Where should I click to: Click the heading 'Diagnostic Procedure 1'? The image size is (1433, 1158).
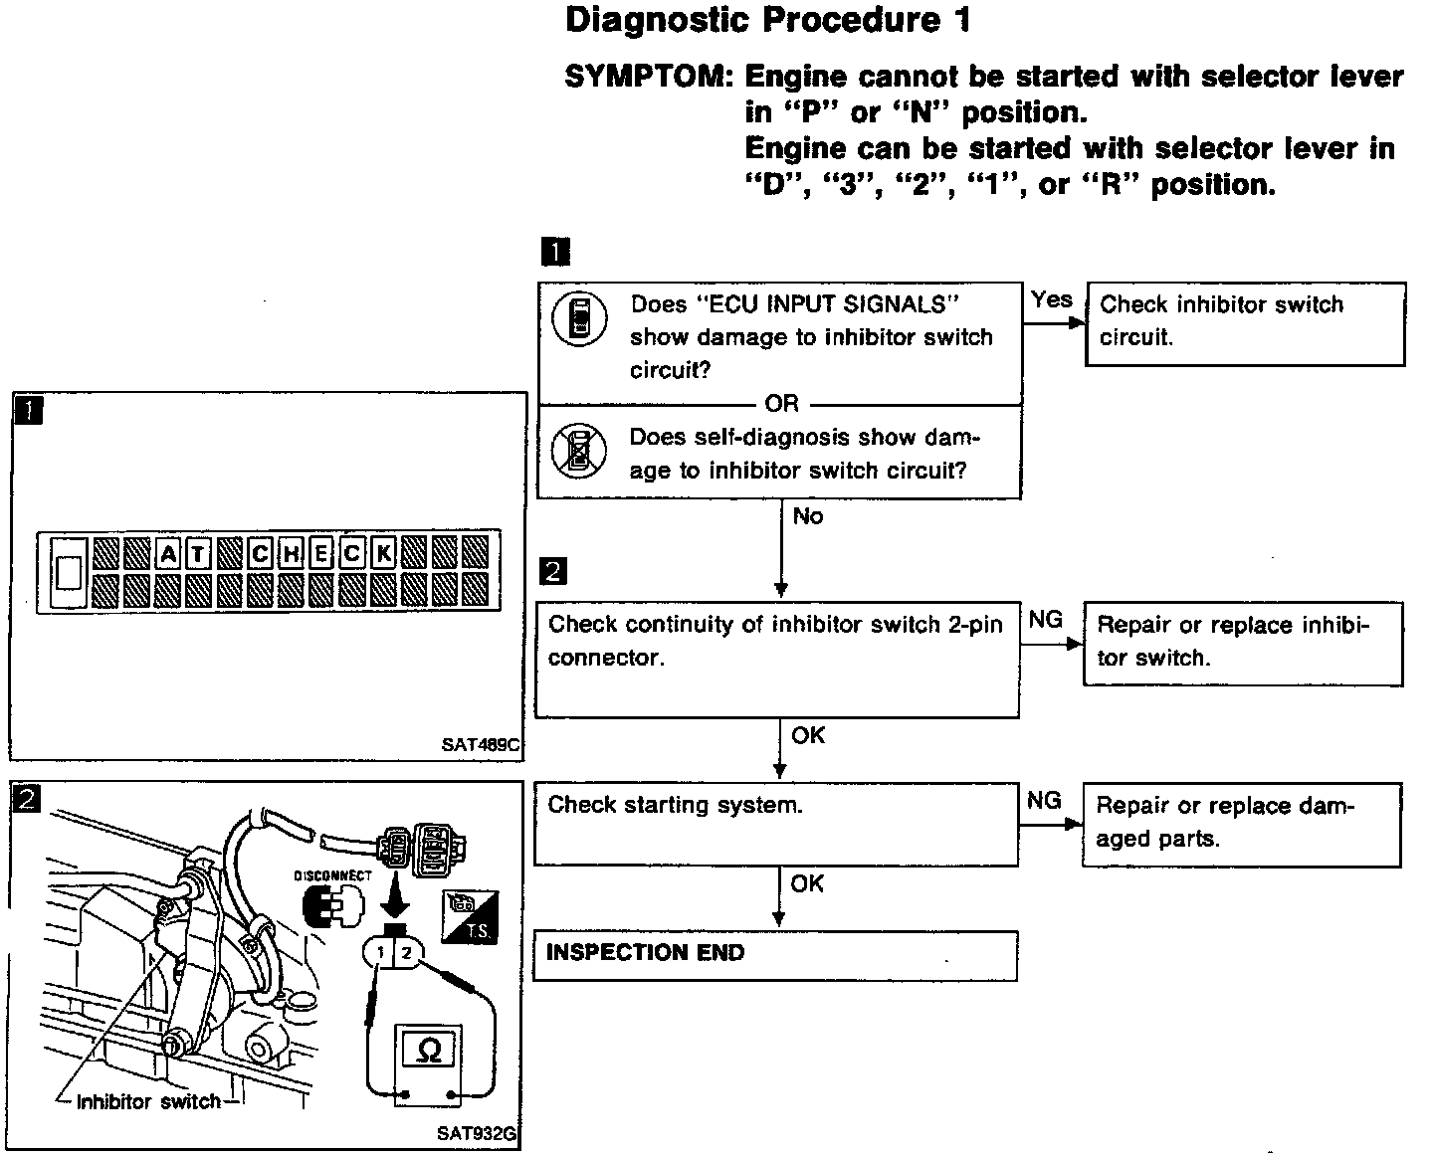click(767, 21)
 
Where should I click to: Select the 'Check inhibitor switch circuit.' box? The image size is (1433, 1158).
click(1245, 323)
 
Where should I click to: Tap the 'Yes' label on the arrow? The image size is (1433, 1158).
click(1051, 299)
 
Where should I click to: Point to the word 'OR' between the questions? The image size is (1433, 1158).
click(781, 403)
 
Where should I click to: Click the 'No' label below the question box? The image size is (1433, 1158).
click(808, 516)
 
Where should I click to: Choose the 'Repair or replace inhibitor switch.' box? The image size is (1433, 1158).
click(1243, 643)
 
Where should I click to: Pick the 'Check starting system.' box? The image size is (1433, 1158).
click(776, 824)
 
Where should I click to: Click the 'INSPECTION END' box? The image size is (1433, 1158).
click(775, 955)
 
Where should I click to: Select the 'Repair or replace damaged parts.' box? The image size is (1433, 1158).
click(1241, 824)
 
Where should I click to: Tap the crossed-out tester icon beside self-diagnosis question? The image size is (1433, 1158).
click(579, 451)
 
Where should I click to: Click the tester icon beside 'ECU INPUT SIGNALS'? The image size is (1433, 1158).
click(579, 319)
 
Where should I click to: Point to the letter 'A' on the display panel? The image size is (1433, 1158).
click(168, 553)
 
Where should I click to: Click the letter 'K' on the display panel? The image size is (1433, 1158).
click(383, 553)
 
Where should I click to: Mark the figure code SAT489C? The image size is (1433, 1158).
click(482, 743)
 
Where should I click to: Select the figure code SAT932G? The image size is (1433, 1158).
click(477, 1132)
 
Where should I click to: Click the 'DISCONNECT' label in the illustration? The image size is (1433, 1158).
click(332, 876)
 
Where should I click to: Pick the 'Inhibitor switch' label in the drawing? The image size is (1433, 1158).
click(148, 1101)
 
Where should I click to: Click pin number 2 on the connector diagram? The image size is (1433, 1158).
click(406, 952)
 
